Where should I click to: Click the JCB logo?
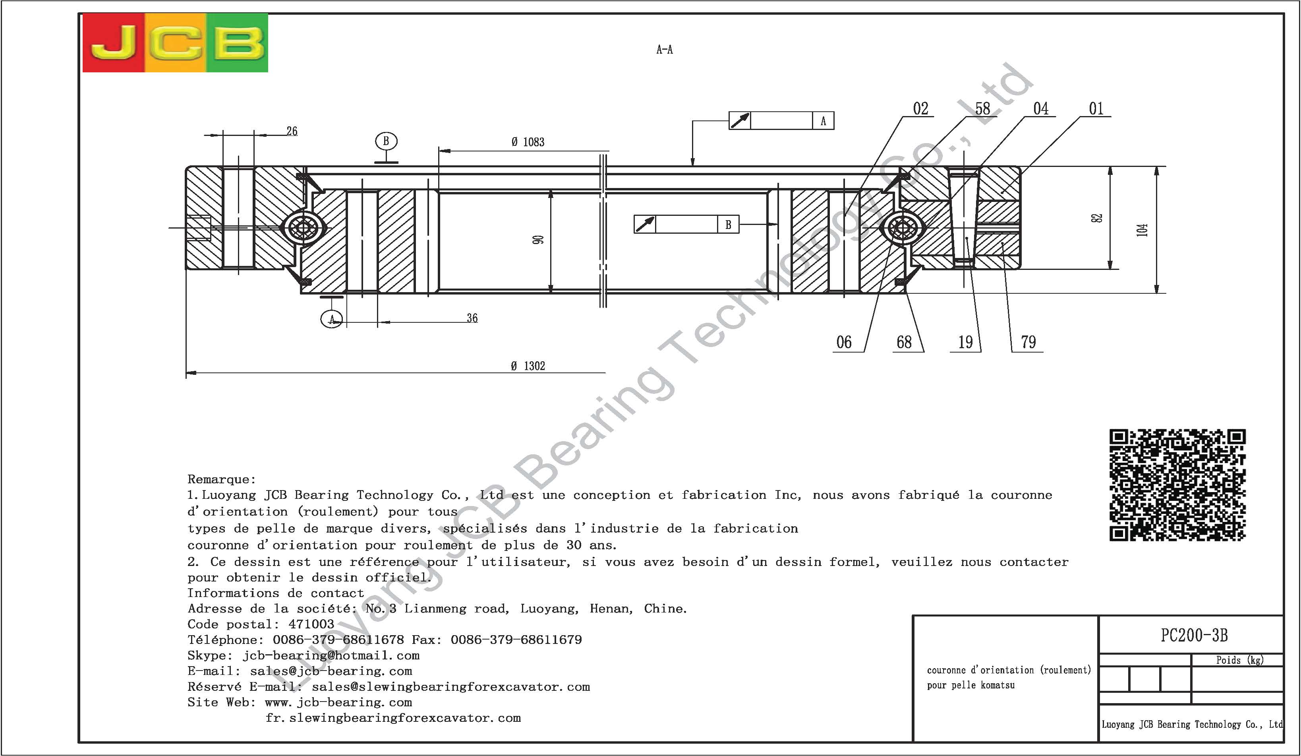[175, 43]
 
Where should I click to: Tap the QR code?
[1177, 485]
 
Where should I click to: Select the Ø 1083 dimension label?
[528, 142]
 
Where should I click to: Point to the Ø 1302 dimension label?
[528, 366]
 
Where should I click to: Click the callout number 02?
[920, 109]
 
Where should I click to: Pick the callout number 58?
[982, 109]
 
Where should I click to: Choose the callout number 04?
[1040, 109]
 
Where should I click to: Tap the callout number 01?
[1096, 109]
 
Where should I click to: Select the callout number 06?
[844, 342]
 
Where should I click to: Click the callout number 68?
[904, 342]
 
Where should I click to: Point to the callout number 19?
[965, 342]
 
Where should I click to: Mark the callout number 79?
[1028, 342]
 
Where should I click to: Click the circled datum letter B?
[386, 141]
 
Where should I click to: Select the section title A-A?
[665, 50]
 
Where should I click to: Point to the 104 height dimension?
[1142, 230]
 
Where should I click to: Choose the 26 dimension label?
[292, 131]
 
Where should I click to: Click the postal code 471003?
[311, 624]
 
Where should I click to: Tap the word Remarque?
[222, 480]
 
